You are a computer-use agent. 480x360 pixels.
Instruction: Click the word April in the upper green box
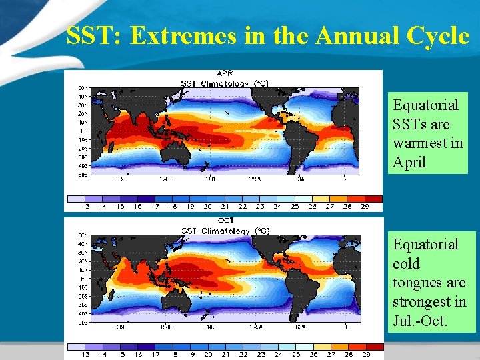[409, 163]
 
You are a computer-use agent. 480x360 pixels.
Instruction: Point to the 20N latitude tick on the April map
[84, 114]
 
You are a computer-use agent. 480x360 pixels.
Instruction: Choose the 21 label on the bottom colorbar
[225, 355]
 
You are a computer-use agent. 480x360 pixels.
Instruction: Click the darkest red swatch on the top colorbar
[374, 199]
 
